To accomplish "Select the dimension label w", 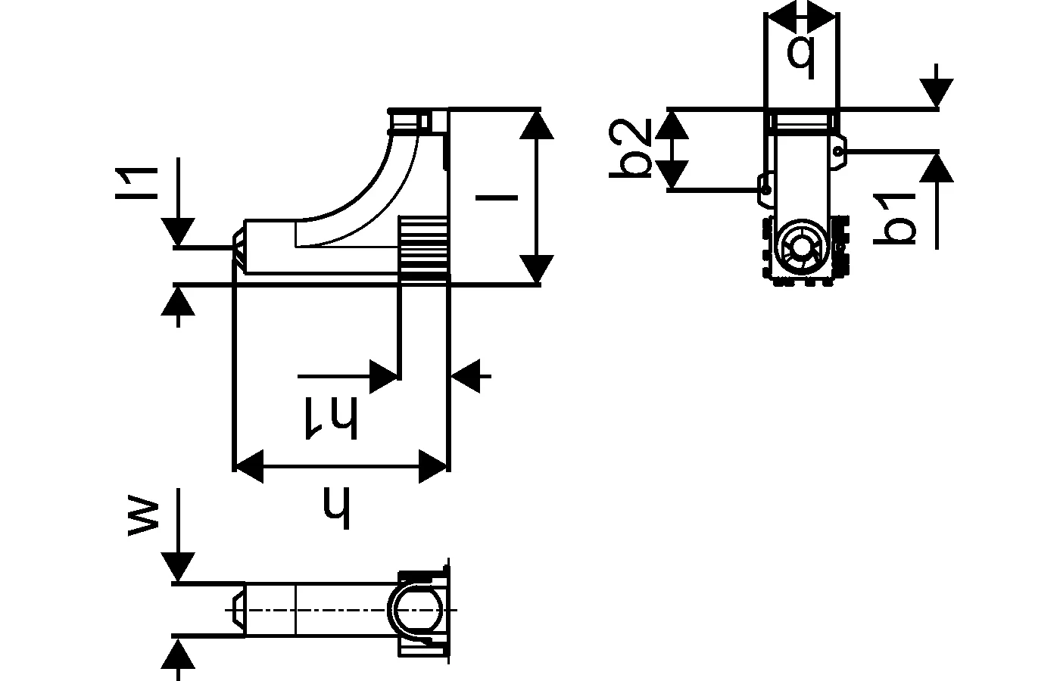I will (143, 517).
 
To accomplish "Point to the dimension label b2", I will (631, 148).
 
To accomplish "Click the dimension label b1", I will (895, 219).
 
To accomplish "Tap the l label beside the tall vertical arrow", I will (496, 198).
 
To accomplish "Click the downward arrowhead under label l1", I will (179, 232).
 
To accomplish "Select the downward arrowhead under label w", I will (179, 567).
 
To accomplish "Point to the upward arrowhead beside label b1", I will (937, 167).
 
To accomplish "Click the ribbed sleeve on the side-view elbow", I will (423, 250).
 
